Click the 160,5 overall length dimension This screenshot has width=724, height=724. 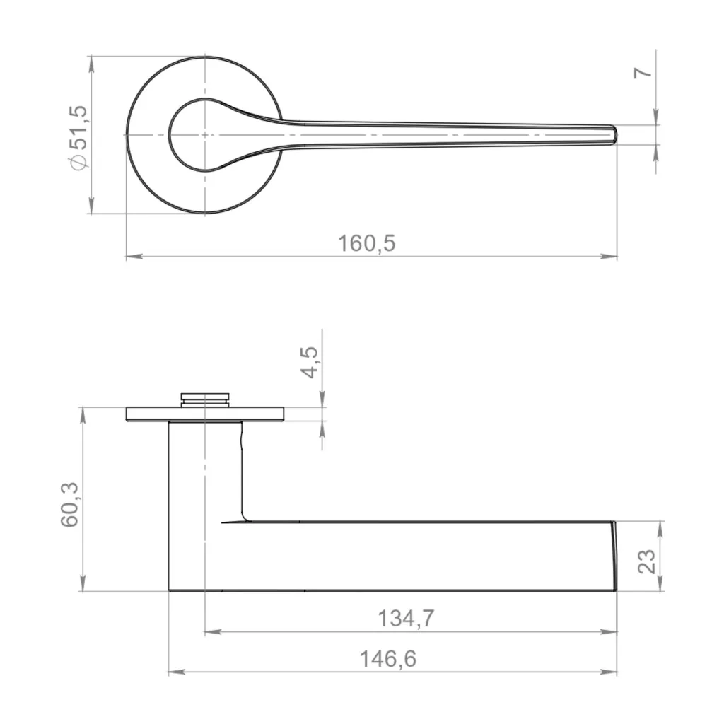click(367, 243)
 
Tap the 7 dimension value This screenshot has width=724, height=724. click(643, 73)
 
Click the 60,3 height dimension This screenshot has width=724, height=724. click(70, 505)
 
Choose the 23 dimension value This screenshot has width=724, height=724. click(646, 561)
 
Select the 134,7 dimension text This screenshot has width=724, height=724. click(407, 618)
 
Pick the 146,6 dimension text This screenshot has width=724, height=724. click(388, 659)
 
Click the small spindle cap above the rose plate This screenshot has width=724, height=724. click(204, 399)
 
